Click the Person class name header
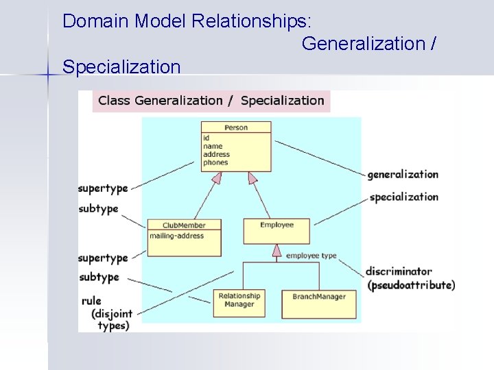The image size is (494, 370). (235, 127)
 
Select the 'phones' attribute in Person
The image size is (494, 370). (215, 162)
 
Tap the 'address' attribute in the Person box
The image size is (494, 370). (217, 154)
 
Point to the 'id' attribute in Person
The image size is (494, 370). (207, 138)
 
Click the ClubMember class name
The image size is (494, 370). (184, 225)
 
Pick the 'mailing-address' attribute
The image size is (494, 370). (176, 236)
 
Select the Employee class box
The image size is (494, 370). (277, 230)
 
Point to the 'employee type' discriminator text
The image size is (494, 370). (311, 256)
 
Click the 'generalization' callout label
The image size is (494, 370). (403, 175)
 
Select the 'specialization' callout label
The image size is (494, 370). (403, 197)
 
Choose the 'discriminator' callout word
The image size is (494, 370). (399, 271)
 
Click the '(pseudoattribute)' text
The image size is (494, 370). (411, 284)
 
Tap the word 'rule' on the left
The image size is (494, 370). (91, 301)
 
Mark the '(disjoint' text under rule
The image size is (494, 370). (111, 314)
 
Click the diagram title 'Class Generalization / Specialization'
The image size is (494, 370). (211, 101)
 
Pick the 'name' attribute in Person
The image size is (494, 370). (213, 146)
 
